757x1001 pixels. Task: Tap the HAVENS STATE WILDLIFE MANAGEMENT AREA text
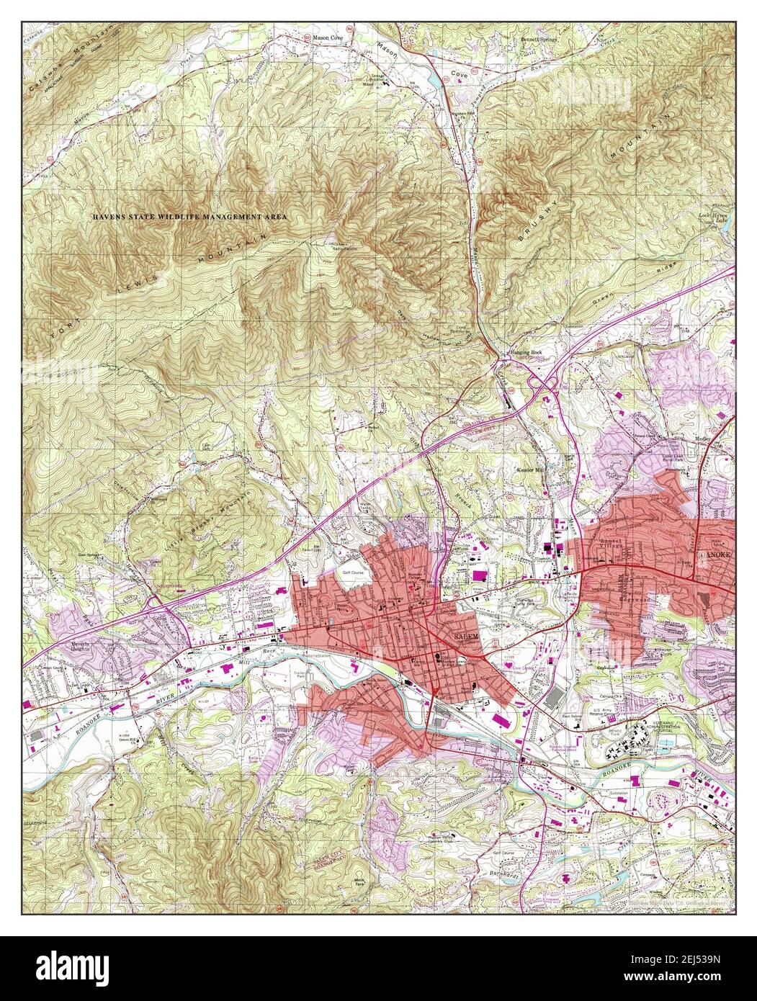(189, 217)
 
